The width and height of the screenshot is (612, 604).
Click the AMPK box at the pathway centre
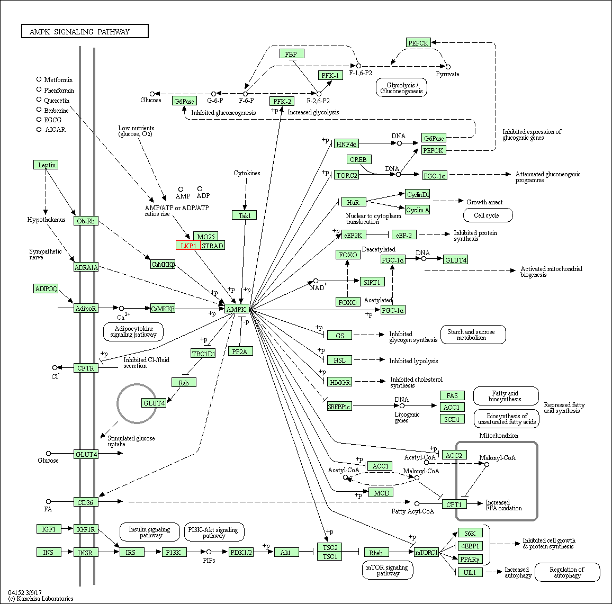pyautogui.click(x=237, y=309)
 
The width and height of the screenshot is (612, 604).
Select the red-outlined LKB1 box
pyautogui.click(x=188, y=246)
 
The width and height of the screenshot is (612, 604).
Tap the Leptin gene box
pyautogui.click(x=47, y=165)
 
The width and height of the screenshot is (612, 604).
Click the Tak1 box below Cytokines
pyautogui.click(x=244, y=215)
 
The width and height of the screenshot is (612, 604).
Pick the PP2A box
pyautogui.click(x=240, y=351)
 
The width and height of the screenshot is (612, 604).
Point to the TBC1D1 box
pyautogui.click(x=203, y=353)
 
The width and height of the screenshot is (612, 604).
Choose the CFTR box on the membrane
pyautogui.click(x=86, y=368)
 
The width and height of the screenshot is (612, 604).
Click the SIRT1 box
pyautogui.click(x=372, y=282)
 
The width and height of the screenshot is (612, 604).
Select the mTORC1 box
pyautogui.click(x=426, y=553)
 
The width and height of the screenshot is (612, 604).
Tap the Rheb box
pyautogui.click(x=376, y=553)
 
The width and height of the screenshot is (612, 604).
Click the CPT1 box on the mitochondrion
pyautogui.click(x=454, y=504)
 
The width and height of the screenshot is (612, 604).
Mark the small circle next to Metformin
pyautogui.click(x=39, y=79)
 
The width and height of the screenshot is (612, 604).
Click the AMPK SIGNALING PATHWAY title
pyautogui.click(x=85, y=32)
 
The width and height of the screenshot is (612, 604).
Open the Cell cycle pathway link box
pyautogui.click(x=488, y=215)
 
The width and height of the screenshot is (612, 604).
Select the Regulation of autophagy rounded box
pyautogui.click(x=567, y=572)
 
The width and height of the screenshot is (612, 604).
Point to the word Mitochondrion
pyautogui.click(x=499, y=436)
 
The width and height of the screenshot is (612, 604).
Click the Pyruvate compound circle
pyautogui.click(x=448, y=67)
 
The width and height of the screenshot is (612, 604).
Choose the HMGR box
pyautogui.click(x=340, y=382)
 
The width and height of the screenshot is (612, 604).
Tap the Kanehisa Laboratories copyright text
pyautogui.click(x=41, y=599)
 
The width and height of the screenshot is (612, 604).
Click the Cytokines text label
pyautogui.click(x=247, y=173)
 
